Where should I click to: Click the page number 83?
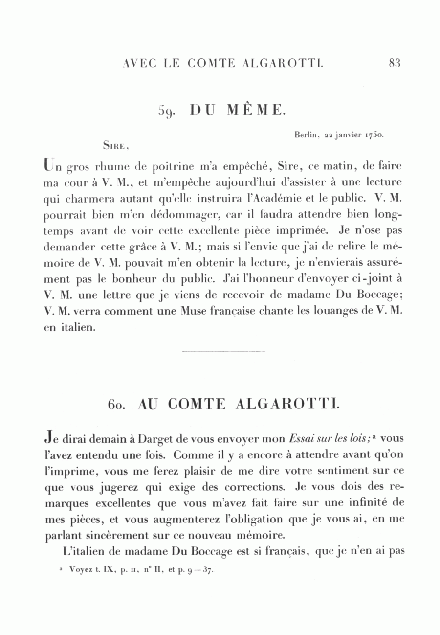click(x=395, y=63)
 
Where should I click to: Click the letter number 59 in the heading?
click(x=167, y=111)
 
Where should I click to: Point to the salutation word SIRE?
click(x=115, y=145)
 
